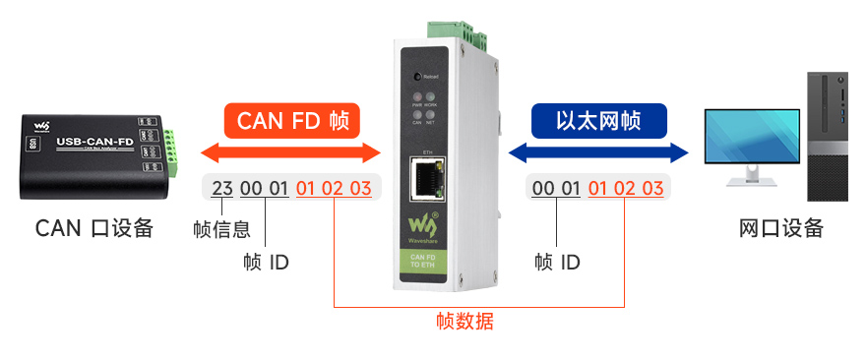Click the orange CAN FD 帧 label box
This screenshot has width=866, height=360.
[292, 122]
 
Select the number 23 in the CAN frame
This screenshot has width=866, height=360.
[222, 188]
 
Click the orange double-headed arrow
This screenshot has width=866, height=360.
[290, 152]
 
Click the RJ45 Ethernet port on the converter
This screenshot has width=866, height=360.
[427, 179]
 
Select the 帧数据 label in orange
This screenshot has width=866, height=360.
[464, 321]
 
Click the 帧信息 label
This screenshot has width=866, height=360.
[221, 230]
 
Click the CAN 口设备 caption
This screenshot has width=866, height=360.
[94, 228]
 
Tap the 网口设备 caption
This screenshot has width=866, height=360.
[780, 228]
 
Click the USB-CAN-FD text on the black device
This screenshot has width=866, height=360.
[95, 141]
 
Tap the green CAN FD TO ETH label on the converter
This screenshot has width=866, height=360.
[427, 264]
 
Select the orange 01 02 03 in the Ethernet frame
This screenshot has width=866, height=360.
[626, 188]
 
